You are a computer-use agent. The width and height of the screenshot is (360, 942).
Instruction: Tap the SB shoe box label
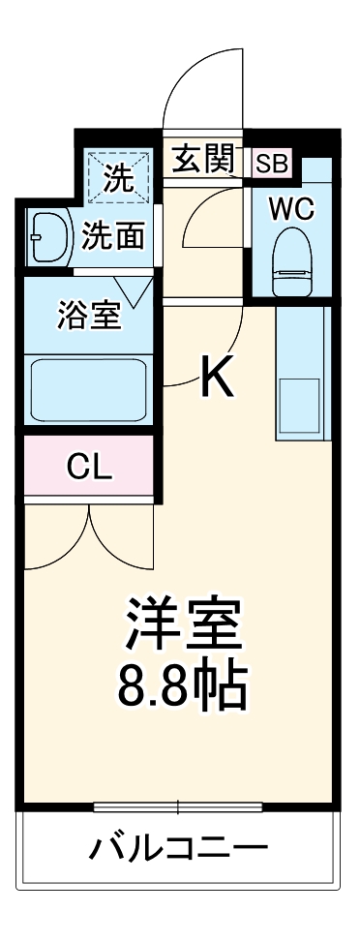click(272, 163)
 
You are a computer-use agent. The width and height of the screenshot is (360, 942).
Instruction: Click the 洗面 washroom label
click(113, 235)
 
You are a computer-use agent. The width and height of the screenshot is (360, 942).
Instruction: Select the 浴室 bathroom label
click(89, 317)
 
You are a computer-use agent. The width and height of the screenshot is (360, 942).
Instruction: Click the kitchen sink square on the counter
click(300, 406)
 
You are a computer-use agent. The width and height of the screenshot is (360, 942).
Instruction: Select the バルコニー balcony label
click(180, 851)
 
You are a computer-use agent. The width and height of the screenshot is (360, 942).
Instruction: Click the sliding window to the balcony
click(180, 806)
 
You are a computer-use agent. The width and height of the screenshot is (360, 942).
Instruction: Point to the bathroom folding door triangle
click(133, 287)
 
